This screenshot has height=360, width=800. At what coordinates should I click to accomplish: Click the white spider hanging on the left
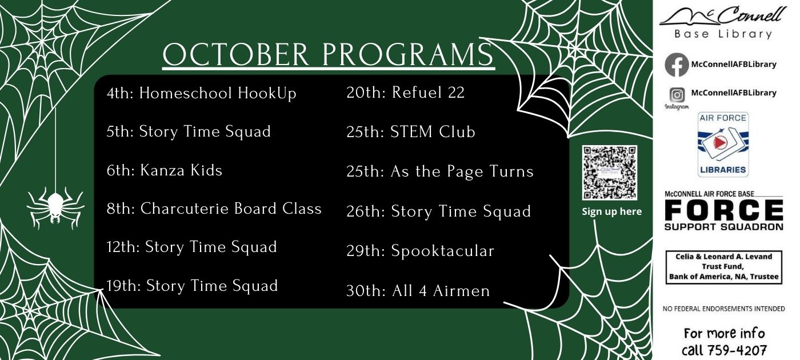point(56,207)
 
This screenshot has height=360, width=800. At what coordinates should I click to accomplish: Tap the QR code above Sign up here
point(610,173)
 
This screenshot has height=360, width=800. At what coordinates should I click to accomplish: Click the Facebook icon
point(677,65)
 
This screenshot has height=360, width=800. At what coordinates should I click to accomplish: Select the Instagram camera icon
point(677,95)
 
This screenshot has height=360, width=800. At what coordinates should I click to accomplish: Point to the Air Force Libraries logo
point(723,145)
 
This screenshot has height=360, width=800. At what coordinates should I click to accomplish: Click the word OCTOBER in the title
point(235,54)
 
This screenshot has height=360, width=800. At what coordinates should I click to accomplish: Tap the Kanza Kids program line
point(165,170)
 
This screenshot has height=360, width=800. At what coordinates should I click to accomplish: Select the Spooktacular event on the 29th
point(421,251)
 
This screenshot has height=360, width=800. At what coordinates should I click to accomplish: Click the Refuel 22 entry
point(405,93)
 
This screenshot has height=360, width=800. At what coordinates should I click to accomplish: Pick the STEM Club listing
point(411,132)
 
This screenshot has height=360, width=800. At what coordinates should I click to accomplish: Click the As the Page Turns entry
point(440,171)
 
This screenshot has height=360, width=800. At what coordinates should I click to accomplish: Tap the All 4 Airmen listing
point(418,291)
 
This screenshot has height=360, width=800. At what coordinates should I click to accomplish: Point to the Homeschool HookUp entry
point(201,93)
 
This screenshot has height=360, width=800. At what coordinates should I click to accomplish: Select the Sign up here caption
point(612,211)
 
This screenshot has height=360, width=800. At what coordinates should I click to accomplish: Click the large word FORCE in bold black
point(724,210)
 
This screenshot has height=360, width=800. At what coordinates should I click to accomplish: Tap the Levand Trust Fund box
point(724,267)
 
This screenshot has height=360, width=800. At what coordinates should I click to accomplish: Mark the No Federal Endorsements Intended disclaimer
point(724,309)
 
